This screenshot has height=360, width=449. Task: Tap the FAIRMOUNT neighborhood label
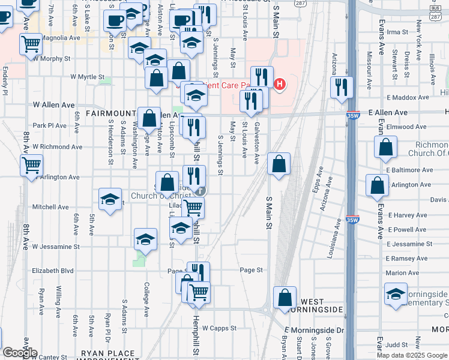click(x=110, y=113)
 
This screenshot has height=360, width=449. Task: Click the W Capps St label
click(x=220, y=328)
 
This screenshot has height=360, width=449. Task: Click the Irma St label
click(x=397, y=32)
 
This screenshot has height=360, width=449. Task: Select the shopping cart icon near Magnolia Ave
click(x=31, y=44)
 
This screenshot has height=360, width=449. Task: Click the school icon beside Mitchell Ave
click(x=110, y=201)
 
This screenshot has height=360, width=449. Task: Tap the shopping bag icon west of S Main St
click(x=279, y=164)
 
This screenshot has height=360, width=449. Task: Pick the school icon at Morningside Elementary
click(x=395, y=296)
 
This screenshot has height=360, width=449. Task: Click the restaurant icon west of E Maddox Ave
click(x=341, y=88)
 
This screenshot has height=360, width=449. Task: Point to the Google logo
click(x=19, y=353)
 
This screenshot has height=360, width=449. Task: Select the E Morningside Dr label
click(x=315, y=331)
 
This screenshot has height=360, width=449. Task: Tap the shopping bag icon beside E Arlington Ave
click(x=378, y=187)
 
